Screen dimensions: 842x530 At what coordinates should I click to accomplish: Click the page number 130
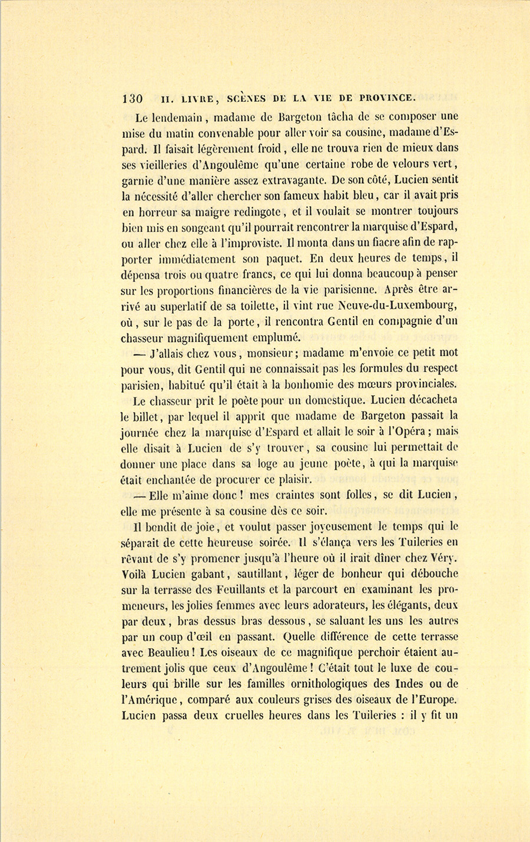(132, 98)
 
